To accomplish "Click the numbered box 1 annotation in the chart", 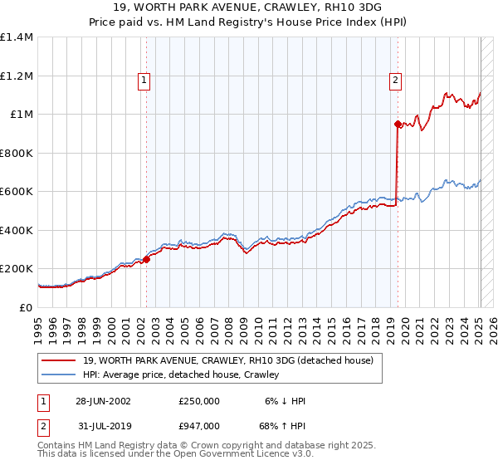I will (x=144, y=81).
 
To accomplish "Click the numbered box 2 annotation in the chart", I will (x=395, y=81).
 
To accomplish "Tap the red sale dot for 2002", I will (x=146, y=259).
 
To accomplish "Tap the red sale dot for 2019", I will (x=398, y=125).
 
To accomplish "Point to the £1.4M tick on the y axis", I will (x=17, y=37).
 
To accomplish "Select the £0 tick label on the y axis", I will (x=25, y=307).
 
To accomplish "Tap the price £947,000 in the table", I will (x=198, y=424).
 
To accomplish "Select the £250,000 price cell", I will (x=198, y=401).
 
